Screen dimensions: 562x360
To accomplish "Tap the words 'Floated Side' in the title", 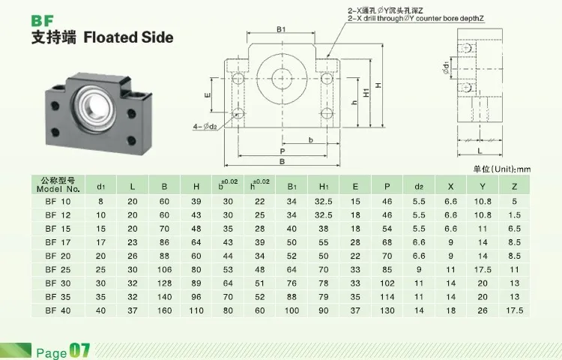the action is tap(128, 37).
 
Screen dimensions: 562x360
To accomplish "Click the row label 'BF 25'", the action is tap(57, 269).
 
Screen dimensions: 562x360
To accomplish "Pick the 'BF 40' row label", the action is tap(57, 310).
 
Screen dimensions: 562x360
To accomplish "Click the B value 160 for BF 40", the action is tap(163, 310).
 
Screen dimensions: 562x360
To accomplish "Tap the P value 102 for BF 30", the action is tap(387, 283).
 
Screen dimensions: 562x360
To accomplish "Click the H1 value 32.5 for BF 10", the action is tap(324, 202).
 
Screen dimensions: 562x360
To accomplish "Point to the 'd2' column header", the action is tap(418, 185).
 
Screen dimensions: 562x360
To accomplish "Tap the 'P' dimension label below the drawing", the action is tap(281, 151).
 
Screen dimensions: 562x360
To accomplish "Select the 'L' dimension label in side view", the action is tap(479, 132).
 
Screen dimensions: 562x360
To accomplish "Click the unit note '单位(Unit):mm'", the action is tap(501, 169).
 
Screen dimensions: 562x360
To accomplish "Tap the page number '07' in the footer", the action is tap(80, 349).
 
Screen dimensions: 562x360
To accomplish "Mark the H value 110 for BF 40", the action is tap(196, 310).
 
